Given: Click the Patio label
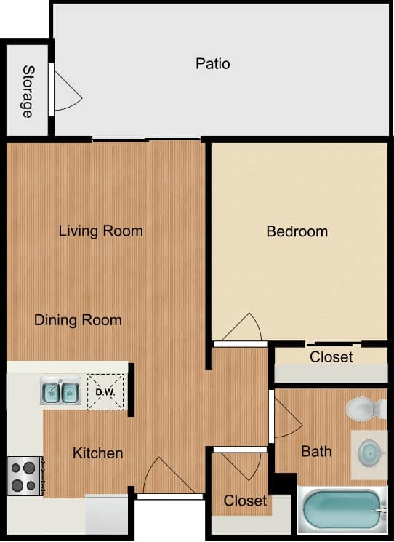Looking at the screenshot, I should (x=212, y=64).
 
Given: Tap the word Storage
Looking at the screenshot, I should (x=28, y=92).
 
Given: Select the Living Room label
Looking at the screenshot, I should (x=100, y=231).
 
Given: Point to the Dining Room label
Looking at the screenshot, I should (x=78, y=320).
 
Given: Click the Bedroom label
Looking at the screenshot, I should (x=297, y=232).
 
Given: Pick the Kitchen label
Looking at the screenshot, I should (x=97, y=453).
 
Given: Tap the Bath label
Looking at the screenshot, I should (x=316, y=452).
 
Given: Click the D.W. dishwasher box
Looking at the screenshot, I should (x=105, y=394).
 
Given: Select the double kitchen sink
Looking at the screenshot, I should (x=60, y=392).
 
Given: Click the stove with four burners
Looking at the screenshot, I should (x=25, y=476).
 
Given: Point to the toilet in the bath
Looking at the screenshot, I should (x=364, y=408).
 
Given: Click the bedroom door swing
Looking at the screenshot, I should (x=244, y=328).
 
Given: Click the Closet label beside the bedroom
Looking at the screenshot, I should (x=331, y=357).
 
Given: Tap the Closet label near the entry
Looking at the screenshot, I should (x=245, y=501).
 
